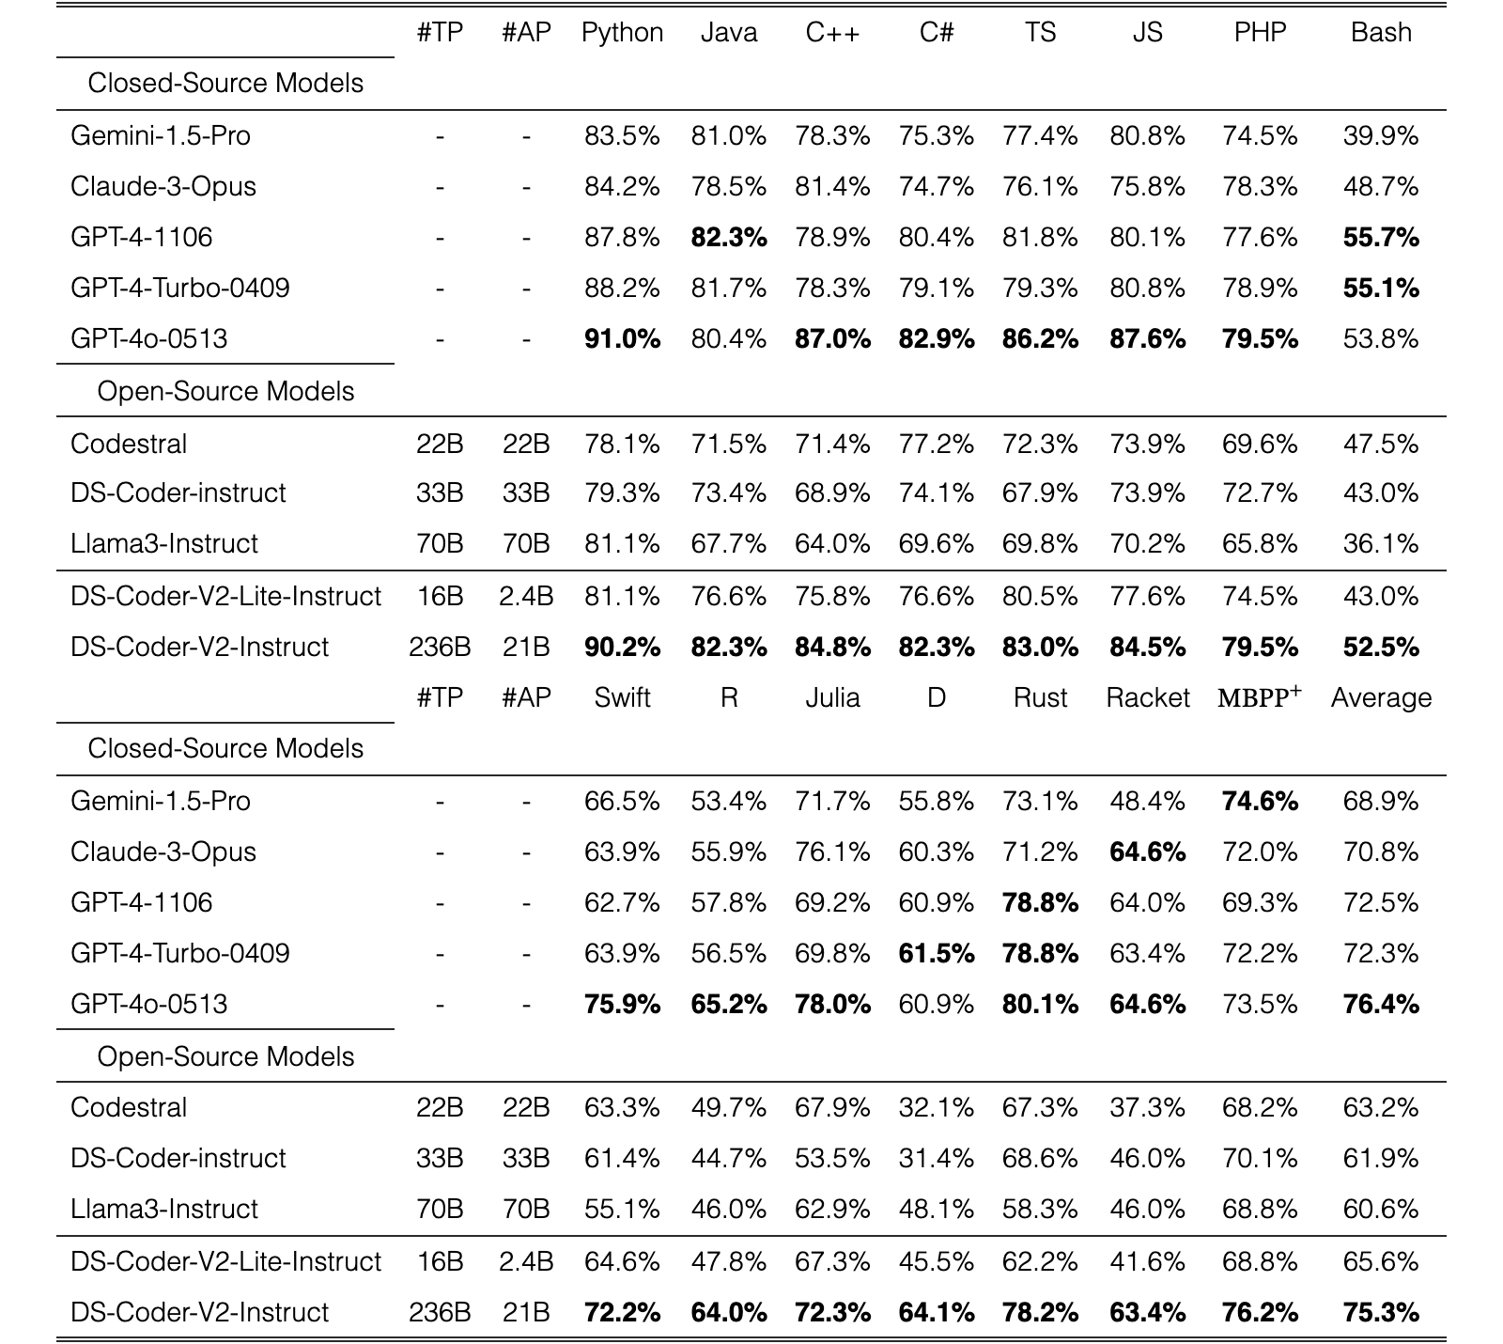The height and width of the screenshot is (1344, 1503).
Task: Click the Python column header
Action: point(622,33)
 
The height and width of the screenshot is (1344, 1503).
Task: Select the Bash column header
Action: point(1381,32)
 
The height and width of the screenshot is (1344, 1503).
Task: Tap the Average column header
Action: point(1381,697)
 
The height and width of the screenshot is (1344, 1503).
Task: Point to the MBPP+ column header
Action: point(1260,696)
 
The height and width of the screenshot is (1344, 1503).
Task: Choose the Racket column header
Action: point(1147,697)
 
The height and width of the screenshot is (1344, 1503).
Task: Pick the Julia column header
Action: point(832,697)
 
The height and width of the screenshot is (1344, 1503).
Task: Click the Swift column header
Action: point(622,697)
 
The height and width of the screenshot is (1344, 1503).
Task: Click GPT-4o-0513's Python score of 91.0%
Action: point(622,338)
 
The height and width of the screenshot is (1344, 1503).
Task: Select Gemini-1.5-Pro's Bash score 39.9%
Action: point(1381,136)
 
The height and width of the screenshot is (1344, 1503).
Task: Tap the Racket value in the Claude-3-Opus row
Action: point(1147,852)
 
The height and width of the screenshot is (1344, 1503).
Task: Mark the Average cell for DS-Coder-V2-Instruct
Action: point(1381,1312)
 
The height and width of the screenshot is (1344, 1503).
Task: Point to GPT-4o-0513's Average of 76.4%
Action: point(1381,1005)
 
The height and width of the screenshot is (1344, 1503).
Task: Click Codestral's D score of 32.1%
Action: point(936,1108)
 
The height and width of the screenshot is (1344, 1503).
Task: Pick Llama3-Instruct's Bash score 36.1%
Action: point(1381,544)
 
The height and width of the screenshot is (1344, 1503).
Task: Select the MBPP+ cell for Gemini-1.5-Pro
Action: point(1260,802)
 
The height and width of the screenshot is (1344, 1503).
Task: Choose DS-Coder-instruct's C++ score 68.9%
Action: point(832,493)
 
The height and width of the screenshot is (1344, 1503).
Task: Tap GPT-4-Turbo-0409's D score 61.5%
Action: point(936,954)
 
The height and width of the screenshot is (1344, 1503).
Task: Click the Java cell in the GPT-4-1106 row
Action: point(729,238)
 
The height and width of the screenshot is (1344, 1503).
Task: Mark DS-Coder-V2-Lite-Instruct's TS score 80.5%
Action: point(1040,597)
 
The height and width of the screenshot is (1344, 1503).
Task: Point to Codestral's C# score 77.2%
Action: point(936,445)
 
